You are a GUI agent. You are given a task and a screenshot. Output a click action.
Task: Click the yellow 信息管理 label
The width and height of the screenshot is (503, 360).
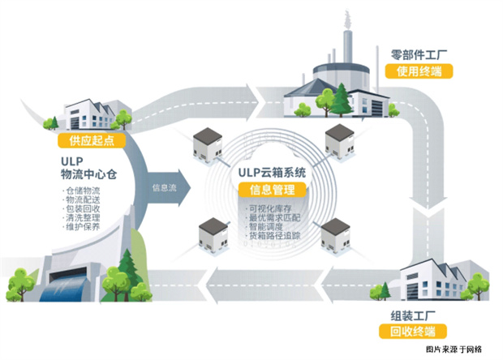click(x=267, y=191)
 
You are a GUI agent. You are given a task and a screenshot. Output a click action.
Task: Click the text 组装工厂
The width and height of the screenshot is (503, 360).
click(x=412, y=315)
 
